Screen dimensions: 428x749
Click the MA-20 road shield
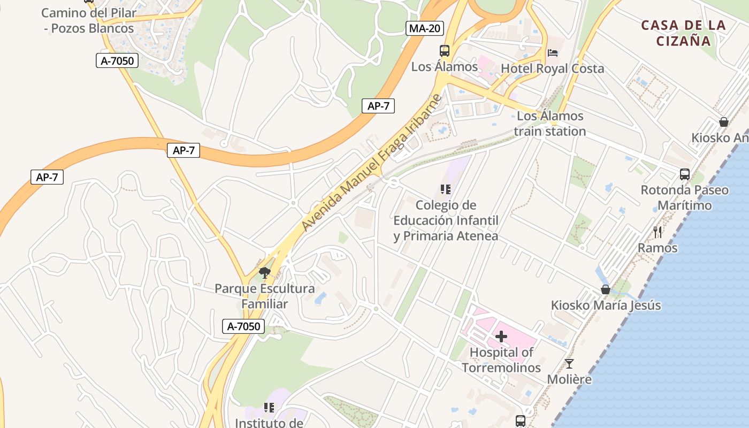[424, 28]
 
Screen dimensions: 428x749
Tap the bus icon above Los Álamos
[445, 51]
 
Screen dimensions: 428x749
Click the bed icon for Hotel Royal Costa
[553, 52]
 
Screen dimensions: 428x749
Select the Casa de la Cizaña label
[683, 33]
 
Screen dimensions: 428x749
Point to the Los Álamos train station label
[550, 124]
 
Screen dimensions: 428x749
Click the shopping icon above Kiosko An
[724, 122]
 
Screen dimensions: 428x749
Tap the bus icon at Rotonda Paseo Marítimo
[685, 174]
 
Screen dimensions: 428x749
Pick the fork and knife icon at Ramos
[658, 232]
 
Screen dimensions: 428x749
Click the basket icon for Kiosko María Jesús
[606, 289]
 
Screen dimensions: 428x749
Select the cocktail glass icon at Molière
[569, 364]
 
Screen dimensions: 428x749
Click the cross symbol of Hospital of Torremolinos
[501, 337]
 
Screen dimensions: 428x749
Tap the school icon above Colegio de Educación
[446, 189]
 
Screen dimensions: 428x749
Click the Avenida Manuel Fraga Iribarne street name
[372, 163]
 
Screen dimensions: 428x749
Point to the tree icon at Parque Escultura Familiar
[264, 273]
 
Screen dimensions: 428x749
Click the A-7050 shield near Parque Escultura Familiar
[243, 326]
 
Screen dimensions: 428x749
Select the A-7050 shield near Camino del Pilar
[117, 61]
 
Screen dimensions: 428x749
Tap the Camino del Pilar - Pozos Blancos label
[89, 20]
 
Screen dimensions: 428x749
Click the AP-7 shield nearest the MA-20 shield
[378, 106]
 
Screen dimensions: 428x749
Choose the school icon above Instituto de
[269, 408]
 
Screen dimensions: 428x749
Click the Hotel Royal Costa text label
[552, 68]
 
